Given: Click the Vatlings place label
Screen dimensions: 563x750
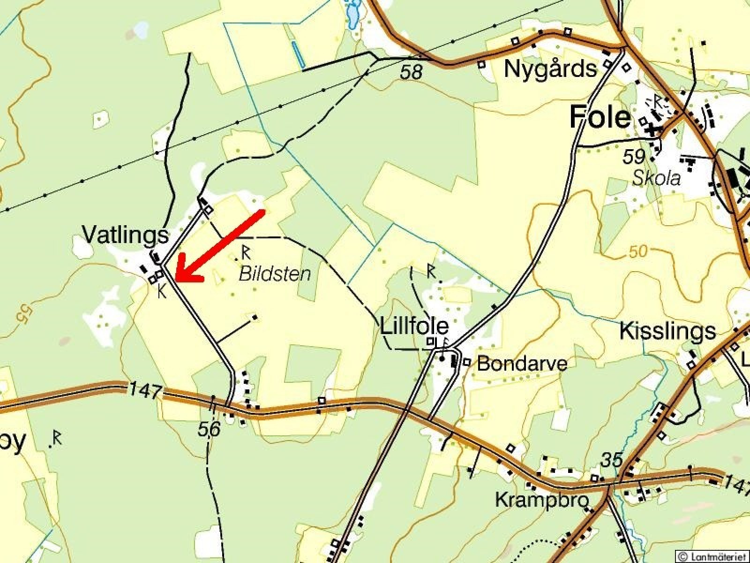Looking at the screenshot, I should [x=125, y=235].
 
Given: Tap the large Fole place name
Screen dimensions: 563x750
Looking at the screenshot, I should [x=600, y=117].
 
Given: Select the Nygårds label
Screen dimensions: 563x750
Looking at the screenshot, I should [x=550, y=69].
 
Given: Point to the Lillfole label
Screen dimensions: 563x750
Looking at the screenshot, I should [x=414, y=326].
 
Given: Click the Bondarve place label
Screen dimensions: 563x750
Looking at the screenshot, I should [x=522, y=364].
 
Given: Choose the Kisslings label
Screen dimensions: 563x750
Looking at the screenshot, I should [x=667, y=331].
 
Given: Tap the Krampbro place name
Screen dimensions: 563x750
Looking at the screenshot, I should [x=541, y=501].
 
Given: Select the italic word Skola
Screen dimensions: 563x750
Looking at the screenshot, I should [x=656, y=178].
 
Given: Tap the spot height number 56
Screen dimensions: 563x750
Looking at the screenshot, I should [x=209, y=429].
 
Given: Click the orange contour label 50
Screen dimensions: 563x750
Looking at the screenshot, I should [x=638, y=251].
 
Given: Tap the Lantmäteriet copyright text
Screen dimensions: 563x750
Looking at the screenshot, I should [x=713, y=556].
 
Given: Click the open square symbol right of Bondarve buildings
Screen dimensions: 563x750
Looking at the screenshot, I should [x=466, y=362].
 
